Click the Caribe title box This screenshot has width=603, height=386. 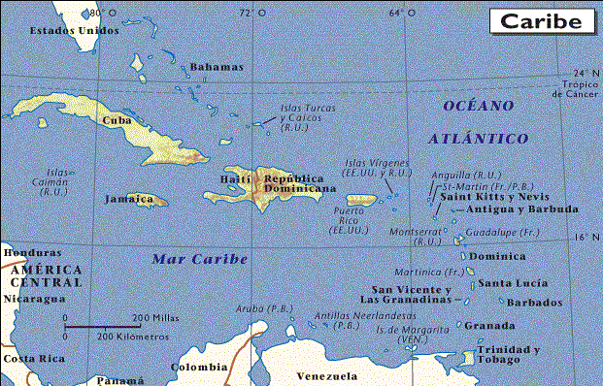coord(542,20)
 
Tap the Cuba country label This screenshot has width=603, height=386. coord(117,121)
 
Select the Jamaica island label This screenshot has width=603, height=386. coord(128,198)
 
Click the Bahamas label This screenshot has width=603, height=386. coord(217,67)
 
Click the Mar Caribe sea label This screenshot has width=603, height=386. coord(200,259)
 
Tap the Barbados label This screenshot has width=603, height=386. coord(534,303)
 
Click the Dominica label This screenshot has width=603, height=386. coord(497,257)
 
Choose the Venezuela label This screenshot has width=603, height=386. coord(327,375)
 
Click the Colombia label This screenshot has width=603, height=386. coord(198,368)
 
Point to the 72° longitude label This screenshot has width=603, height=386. coord(246,13)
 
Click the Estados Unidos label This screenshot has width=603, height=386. coord(75,30)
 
